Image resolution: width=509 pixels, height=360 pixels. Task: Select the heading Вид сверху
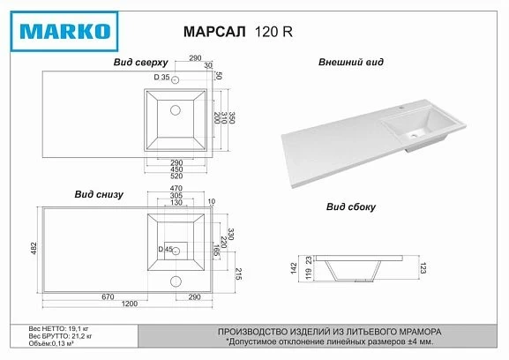tap(136, 64)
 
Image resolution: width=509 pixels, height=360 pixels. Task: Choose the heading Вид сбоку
tap(350, 207)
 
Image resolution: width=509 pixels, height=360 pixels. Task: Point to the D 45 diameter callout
tap(165, 250)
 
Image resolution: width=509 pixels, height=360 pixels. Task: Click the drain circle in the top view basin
tap(176, 110)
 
